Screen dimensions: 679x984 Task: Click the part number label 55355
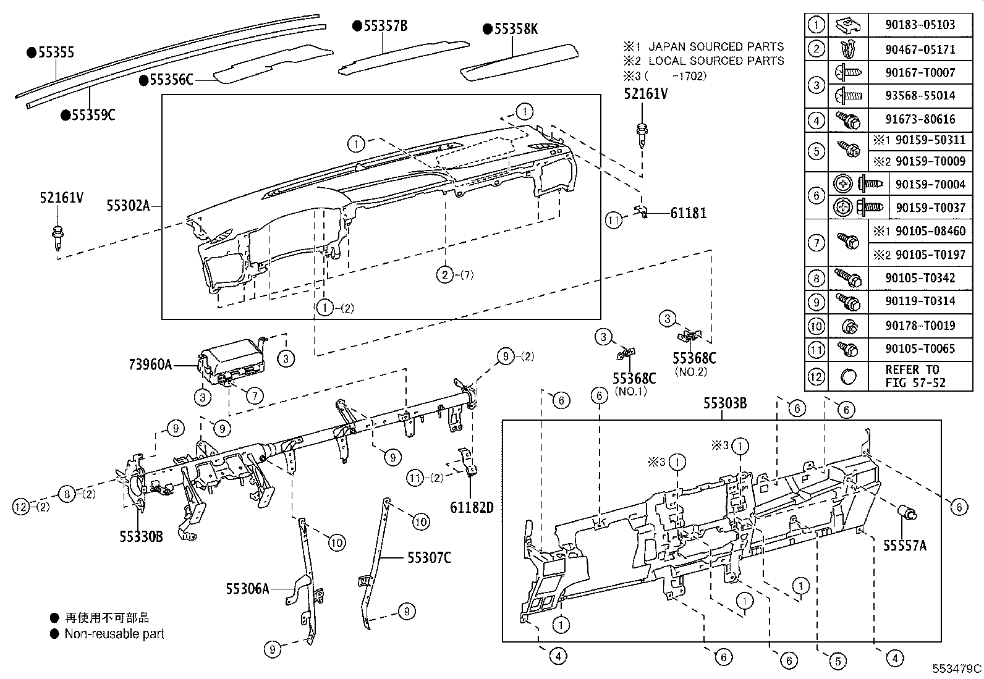click(x=56, y=53)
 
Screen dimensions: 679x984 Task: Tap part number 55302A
click(x=129, y=206)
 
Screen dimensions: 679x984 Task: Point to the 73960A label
click(x=150, y=365)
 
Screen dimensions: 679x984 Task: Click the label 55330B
click(x=142, y=536)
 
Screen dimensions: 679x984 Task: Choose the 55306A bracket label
click(x=247, y=589)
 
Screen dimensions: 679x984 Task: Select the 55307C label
click(x=429, y=558)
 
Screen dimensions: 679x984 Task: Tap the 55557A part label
click(x=905, y=546)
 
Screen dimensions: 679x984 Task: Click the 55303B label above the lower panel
click(x=725, y=403)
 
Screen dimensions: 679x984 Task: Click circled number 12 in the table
click(x=816, y=376)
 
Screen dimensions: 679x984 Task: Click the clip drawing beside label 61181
click(x=642, y=212)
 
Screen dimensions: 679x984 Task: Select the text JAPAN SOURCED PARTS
click(x=716, y=47)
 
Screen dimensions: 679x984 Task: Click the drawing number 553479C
click(x=957, y=668)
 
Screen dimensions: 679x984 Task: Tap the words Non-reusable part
click(x=114, y=633)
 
